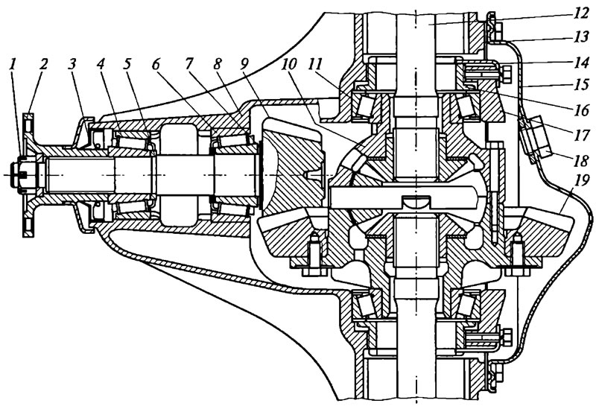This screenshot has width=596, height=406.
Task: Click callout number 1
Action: coord(13,64)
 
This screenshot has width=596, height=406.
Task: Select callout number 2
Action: coord(43,64)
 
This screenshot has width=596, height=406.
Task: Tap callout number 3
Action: coord(72,64)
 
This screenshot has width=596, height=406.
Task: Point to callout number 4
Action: coord(101,64)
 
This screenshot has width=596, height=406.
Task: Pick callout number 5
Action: coord(127,64)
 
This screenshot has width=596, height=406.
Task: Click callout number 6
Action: coord(156,64)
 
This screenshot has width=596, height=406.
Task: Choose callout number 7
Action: coord(188,64)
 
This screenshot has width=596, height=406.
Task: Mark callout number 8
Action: coord(217,64)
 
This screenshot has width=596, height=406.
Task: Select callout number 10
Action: coord(289,64)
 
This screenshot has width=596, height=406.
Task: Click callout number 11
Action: coord(315,64)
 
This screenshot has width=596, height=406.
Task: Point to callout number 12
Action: coord(581,14)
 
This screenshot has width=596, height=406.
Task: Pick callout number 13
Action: coord(581,38)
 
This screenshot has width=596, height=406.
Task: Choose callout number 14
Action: coord(581,62)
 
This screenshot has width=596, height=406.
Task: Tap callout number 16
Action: coord(581,110)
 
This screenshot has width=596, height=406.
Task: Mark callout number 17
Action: coord(581,135)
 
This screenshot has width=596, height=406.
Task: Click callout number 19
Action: coord(581,181)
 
